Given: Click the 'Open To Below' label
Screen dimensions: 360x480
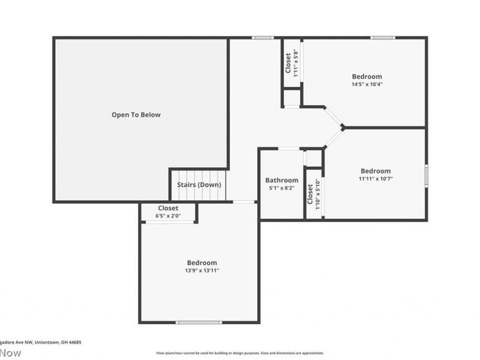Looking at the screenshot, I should click(x=136, y=115).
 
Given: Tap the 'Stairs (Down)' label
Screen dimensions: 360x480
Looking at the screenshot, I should click(x=199, y=184).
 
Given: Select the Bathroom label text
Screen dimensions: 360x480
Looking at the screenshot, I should click(x=281, y=180).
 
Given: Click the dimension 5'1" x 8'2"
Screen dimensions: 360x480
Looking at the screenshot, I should click(x=281, y=188).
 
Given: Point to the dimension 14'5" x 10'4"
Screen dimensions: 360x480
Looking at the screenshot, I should click(x=367, y=84).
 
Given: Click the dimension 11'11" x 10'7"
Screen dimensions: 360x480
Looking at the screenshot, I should click(x=375, y=178).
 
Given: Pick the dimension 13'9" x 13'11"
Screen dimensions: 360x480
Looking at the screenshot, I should click(x=202, y=271).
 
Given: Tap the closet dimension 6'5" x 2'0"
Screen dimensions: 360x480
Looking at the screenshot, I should click(x=168, y=215).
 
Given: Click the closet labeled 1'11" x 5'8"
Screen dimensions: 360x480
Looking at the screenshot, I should click(x=292, y=64).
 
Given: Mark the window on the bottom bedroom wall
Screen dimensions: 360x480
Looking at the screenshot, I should click(x=199, y=322).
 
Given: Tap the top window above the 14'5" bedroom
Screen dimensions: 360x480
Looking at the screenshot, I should click(x=382, y=38).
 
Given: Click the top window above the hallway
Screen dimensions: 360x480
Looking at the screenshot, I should click(x=263, y=38).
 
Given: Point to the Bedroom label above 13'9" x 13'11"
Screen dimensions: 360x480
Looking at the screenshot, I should click(x=202, y=263).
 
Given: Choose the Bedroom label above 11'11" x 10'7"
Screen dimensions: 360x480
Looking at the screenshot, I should click(x=375, y=171).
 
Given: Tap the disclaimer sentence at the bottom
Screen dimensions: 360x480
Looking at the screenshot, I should click(x=240, y=353).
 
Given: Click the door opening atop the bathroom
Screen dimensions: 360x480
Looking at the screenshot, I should click(x=289, y=148).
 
